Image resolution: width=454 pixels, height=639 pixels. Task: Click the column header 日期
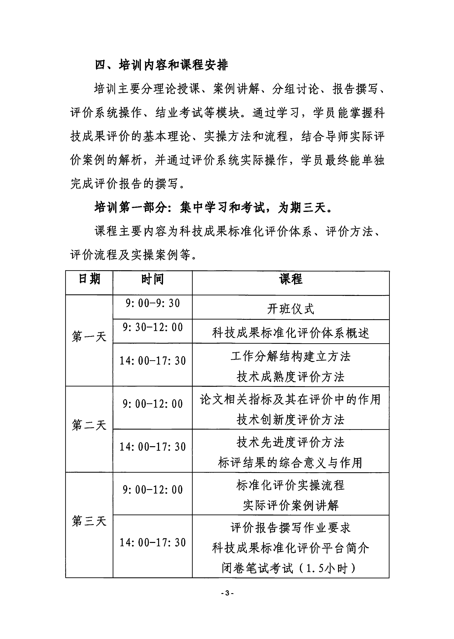[89, 279]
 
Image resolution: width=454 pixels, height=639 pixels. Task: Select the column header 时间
[152, 279]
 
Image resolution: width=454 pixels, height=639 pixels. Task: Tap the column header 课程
[291, 279]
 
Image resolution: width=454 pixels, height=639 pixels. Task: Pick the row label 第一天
[89, 336]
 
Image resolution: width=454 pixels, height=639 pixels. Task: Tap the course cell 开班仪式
[291, 309]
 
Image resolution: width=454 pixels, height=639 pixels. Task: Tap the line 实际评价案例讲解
[291, 505]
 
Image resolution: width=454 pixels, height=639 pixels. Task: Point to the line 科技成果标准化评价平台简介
[291, 548]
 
